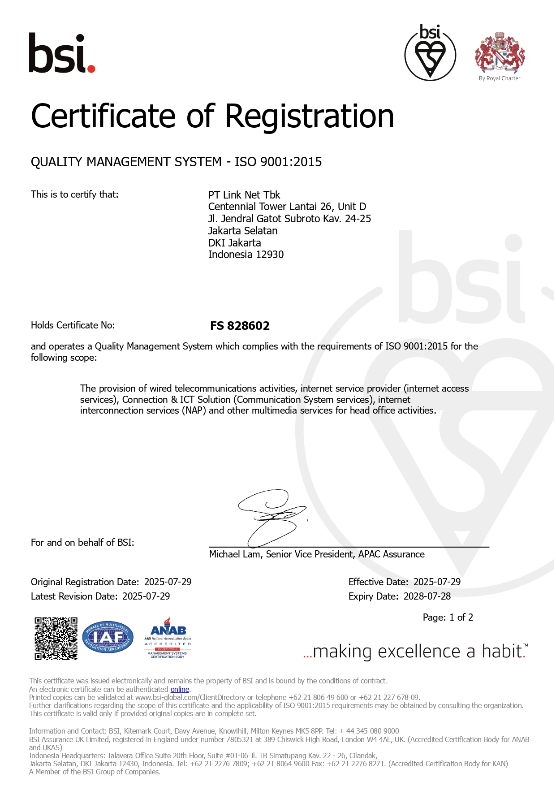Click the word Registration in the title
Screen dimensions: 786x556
309,116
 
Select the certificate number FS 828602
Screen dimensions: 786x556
240,326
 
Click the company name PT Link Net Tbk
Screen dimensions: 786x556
244,195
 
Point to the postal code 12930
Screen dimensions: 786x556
270,255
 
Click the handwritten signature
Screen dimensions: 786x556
271,518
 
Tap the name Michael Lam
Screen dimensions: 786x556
234,554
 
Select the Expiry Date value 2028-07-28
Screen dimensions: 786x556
427,596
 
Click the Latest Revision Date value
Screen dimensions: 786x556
146,596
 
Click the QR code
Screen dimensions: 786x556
56,639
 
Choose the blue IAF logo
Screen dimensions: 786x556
108,637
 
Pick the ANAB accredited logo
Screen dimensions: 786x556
168,637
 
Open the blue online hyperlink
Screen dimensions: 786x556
180,689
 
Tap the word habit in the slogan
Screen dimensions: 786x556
502,652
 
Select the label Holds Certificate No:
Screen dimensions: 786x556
73,325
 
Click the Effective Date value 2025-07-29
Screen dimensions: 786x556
437,582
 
